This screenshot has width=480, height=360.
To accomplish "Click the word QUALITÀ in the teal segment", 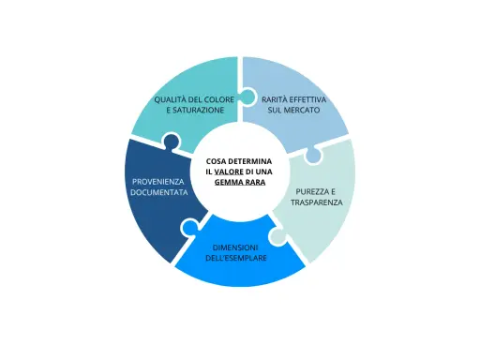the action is coord(171,99).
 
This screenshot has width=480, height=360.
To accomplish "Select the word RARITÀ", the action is coord(274,99).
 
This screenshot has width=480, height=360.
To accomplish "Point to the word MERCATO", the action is coord(302,110).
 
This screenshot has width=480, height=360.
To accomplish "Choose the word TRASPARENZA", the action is coord(317,202).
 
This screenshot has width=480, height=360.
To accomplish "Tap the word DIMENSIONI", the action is coord(235,247).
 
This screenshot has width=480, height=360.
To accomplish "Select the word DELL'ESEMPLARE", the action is coord(236,258).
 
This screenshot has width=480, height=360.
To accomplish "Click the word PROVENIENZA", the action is coord(158,182).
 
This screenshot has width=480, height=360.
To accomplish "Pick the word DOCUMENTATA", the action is coord(159,192).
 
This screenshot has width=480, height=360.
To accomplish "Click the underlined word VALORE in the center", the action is coord(229,172).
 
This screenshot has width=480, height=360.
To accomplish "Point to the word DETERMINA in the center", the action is coord(250,161).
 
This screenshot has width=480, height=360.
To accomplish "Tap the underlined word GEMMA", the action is coord(226,182).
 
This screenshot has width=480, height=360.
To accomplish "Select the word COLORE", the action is coord(218,99).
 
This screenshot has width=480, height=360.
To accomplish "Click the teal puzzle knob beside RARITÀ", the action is coord(247,97).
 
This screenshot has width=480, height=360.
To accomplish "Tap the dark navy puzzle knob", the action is coord(171,142).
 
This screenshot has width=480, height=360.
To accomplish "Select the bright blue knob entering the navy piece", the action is coord(189,227).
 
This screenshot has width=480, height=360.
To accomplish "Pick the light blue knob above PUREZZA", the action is coord(313,155).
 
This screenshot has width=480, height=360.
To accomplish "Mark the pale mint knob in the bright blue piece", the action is coord(277,236).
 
